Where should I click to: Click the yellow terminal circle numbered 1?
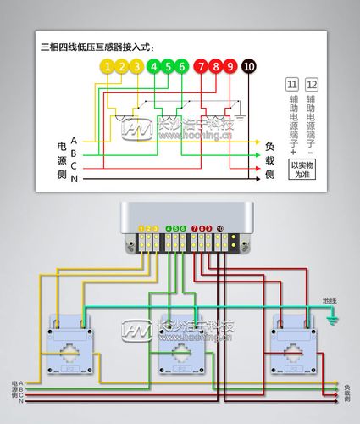click(106, 66)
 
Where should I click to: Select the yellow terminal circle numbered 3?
click(136, 66)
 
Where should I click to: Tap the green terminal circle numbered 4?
click(153, 66)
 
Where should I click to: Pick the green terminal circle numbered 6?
click(182, 66)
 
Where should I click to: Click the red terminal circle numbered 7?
click(201, 66)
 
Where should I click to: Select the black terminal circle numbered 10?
click(248, 66)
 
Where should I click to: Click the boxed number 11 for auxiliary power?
click(291, 85)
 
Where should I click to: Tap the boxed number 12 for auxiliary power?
click(312, 85)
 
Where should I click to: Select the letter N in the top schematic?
click(74, 180)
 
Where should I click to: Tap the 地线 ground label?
click(330, 301)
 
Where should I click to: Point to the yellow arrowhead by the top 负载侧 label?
click(257, 142)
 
